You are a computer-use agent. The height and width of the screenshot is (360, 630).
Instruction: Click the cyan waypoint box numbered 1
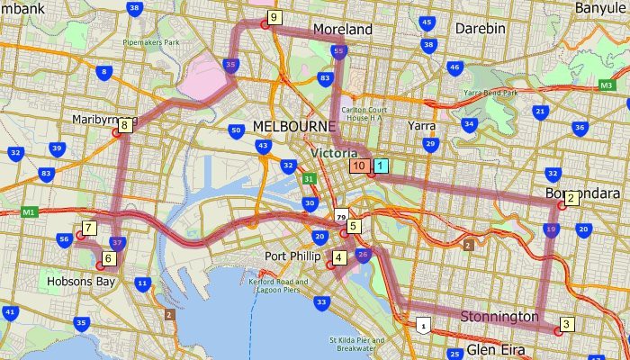[381, 166]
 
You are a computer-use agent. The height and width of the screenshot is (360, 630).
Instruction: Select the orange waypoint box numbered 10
[359, 166]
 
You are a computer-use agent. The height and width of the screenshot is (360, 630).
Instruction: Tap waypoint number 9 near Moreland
[274, 17]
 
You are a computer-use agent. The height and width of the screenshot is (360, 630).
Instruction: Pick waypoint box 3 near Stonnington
[566, 324]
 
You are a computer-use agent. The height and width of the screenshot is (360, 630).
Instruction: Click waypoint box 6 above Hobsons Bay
[109, 258]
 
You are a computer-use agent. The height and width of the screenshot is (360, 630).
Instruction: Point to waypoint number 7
[89, 228]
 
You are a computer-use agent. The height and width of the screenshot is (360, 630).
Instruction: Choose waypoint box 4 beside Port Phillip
[338, 257]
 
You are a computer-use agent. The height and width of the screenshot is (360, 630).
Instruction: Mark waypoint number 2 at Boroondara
[571, 198]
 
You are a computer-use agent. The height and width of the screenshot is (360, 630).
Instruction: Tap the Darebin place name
[480, 29]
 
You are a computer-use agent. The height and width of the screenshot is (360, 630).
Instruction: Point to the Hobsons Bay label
[81, 282]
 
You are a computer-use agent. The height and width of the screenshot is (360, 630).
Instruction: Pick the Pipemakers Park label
[152, 42]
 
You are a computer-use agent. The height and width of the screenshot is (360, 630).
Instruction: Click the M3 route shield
[607, 85]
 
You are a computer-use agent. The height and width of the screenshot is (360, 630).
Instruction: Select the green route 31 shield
[309, 179]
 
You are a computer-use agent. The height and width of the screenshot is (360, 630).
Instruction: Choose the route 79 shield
[340, 217]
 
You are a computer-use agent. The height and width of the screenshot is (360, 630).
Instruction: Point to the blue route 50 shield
[236, 130]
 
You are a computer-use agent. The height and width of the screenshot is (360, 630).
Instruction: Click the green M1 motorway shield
[29, 211]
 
